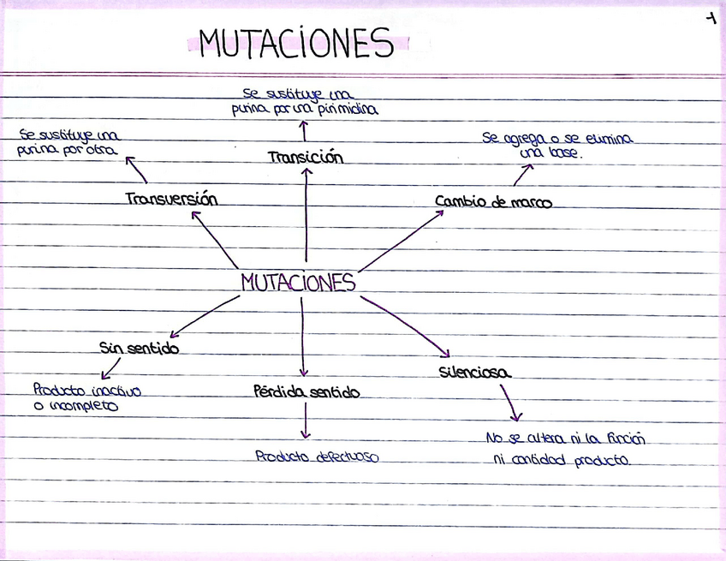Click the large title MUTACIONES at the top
tap(295, 43)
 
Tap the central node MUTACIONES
tap(298, 283)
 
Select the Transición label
tap(306, 157)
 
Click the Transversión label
tap(171, 199)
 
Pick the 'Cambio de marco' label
tap(493, 203)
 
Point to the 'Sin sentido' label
tap(139, 348)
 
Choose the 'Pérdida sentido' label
tap(306, 392)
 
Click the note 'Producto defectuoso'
tap(317, 457)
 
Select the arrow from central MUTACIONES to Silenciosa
tap(404, 325)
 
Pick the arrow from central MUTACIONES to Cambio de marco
tap(401, 242)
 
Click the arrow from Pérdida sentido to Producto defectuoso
tap(305, 421)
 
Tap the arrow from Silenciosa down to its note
tap(509, 402)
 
